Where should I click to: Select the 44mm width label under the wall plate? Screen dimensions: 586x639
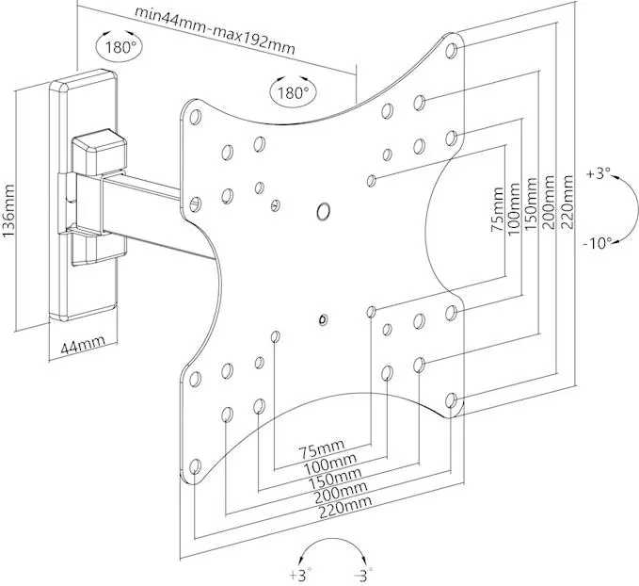click(x=82, y=346)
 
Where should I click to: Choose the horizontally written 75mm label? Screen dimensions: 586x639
click(x=322, y=447)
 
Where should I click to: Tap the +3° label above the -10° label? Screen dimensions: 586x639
click(x=597, y=174)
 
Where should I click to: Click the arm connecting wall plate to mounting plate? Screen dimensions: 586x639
click(x=141, y=208)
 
